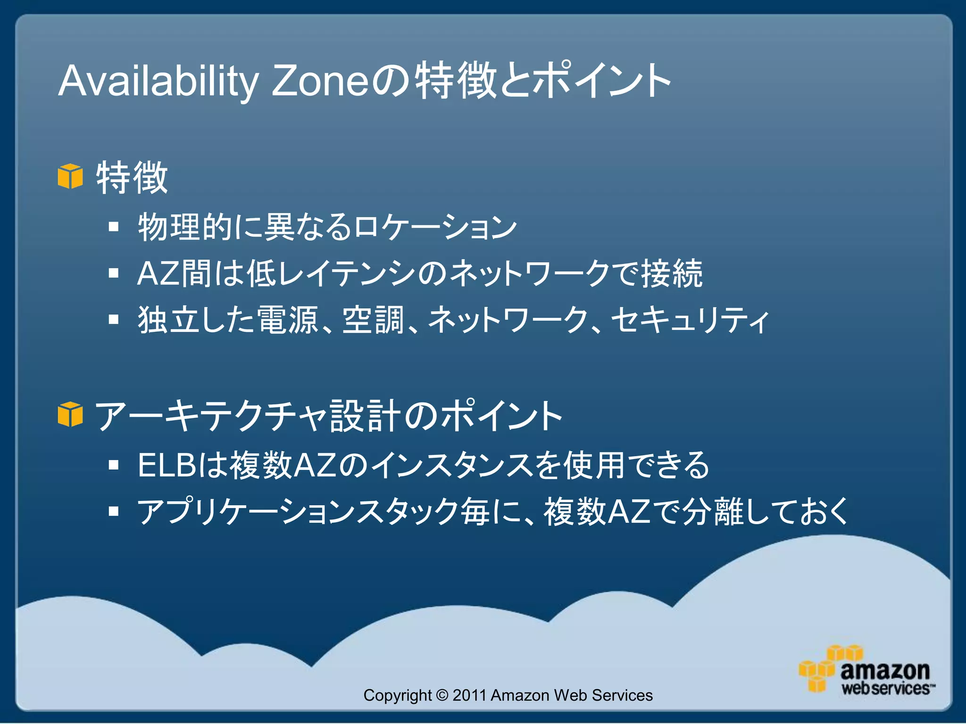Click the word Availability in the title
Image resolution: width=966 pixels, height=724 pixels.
[x=158, y=81]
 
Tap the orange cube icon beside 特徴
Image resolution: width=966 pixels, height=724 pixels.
[x=70, y=176]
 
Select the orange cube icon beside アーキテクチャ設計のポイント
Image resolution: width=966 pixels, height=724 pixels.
[x=70, y=414]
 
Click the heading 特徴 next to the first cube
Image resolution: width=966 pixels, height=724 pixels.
[x=132, y=178]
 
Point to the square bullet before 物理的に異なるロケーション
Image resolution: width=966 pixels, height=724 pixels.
[x=113, y=227]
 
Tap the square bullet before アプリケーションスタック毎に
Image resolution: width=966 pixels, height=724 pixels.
[x=113, y=511]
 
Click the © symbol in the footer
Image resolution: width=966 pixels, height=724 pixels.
[x=442, y=695]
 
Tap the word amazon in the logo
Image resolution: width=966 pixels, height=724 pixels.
[x=884, y=670]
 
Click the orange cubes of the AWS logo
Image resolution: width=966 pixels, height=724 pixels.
[x=821, y=669]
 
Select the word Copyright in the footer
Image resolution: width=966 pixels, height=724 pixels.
[x=397, y=695]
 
